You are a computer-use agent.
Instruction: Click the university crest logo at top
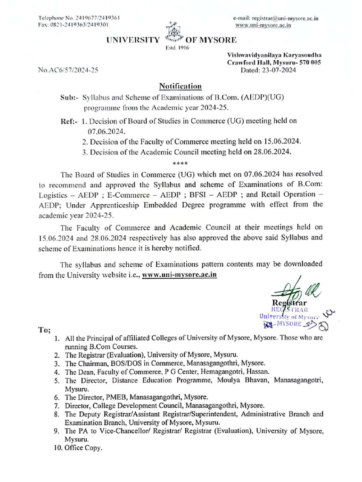(173, 34)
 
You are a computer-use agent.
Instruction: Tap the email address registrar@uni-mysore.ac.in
(276, 18)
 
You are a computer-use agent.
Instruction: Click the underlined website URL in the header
(263, 25)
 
